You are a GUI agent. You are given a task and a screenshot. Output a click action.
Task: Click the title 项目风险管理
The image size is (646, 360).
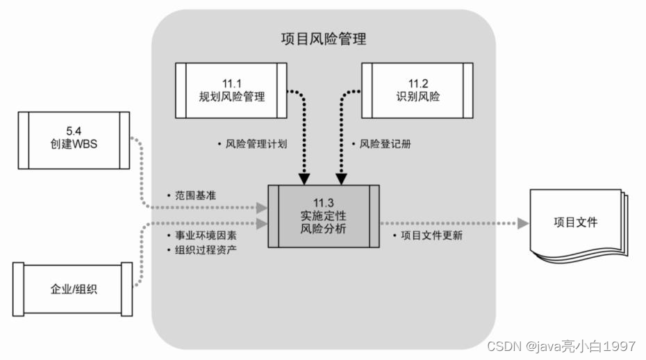pos(324,39)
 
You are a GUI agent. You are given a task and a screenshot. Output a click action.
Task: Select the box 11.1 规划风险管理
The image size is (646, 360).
pos(231,90)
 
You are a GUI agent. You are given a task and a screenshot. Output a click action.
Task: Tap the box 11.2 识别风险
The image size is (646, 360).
pos(417,90)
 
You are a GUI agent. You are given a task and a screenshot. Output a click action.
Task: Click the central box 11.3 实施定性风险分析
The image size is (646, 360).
pos(324,215)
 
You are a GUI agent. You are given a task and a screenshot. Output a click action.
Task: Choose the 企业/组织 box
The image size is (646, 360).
pos(74,288)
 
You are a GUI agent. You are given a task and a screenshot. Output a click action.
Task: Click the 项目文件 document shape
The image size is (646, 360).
pos(575,222)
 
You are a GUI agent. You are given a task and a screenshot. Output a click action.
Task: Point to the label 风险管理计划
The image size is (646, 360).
pos(256,145)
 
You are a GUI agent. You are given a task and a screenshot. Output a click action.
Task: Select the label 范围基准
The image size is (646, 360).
pos(195,196)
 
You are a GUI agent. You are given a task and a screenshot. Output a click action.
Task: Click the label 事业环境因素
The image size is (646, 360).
pos(205,235)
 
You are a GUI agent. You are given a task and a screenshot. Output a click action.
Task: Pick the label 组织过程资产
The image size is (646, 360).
pos(205,249)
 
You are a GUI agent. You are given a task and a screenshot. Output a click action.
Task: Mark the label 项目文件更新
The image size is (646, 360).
pos(431,235)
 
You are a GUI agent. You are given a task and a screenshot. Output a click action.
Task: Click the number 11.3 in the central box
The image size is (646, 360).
pos(324,202)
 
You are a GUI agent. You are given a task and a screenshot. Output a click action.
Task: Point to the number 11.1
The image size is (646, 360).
pos(231,83)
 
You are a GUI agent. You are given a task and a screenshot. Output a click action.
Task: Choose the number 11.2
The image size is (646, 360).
pos(417,83)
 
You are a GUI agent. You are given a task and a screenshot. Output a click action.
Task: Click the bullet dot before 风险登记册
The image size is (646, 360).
pos(353,145)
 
